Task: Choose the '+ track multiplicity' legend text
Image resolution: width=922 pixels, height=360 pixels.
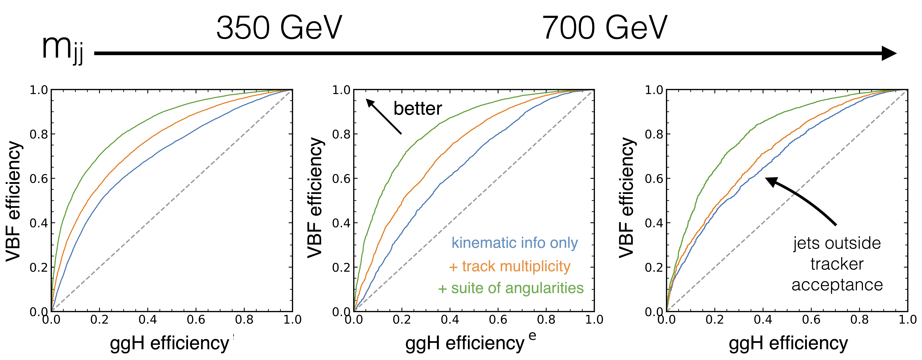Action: [509, 266]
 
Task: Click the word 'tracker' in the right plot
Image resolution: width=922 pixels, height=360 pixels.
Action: [837, 264]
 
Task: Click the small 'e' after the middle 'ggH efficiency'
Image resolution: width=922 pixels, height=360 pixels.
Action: [533, 336]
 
